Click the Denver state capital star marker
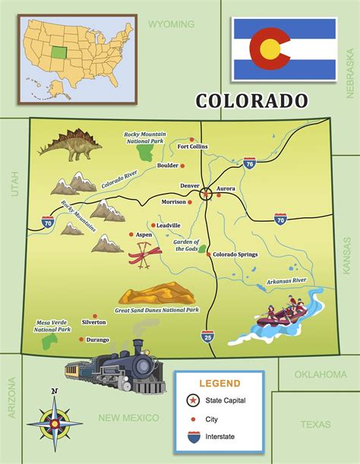[x=205, y=194]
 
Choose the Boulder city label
[x=168, y=166]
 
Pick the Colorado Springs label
[x=237, y=254]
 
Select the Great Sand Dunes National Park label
[x=156, y=310]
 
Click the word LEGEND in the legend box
[x=219, y=384]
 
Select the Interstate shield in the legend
[x=195, y=437]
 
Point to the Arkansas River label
[x=286, y=282]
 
